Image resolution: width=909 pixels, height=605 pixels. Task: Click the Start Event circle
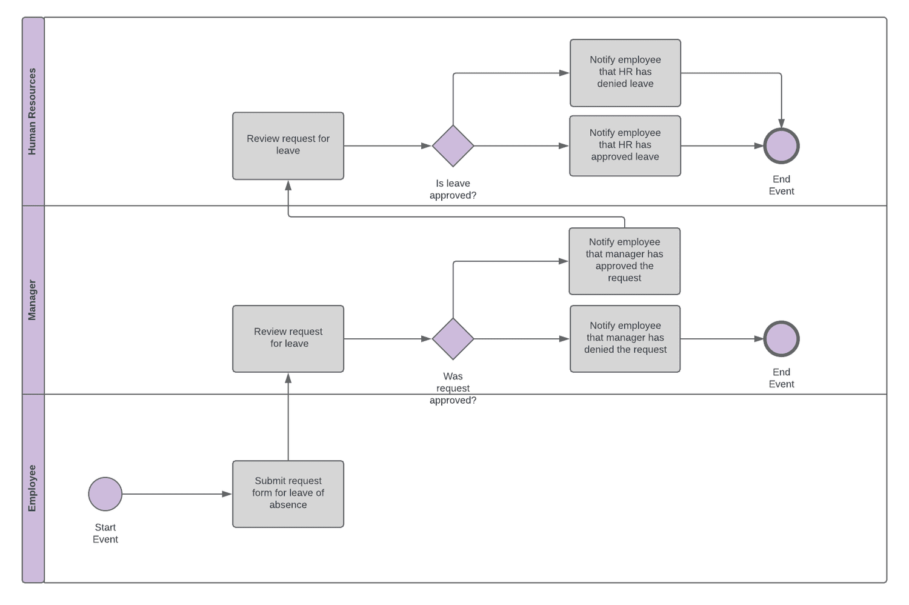105,494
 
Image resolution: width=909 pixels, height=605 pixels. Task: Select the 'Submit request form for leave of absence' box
288,494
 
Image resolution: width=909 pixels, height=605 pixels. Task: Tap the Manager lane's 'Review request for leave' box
288,338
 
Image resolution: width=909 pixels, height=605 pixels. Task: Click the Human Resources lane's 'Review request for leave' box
288,145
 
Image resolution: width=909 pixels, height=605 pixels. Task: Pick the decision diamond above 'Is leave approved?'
453,145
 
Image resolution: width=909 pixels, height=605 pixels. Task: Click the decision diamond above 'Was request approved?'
453,338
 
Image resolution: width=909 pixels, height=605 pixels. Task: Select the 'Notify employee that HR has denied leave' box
625,73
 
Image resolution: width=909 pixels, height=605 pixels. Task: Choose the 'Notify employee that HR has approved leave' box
625,145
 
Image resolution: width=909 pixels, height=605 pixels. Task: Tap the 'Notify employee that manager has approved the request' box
624,261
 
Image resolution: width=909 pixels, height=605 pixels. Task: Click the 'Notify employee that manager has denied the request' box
625,338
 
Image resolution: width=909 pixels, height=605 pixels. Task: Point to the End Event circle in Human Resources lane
781,145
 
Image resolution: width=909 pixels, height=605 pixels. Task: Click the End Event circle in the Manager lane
781,338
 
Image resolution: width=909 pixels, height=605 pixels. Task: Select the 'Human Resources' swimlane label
33,112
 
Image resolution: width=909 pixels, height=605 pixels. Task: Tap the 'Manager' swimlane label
33,300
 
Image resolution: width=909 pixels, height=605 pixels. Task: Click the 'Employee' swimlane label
33,488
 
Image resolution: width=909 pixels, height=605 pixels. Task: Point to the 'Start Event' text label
105,533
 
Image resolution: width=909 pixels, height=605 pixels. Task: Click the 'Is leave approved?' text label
453,189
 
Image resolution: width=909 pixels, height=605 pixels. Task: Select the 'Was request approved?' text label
453,388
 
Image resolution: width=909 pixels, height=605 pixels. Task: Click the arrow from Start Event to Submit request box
176,494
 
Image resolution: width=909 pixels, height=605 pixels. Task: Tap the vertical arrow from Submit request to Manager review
288,418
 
